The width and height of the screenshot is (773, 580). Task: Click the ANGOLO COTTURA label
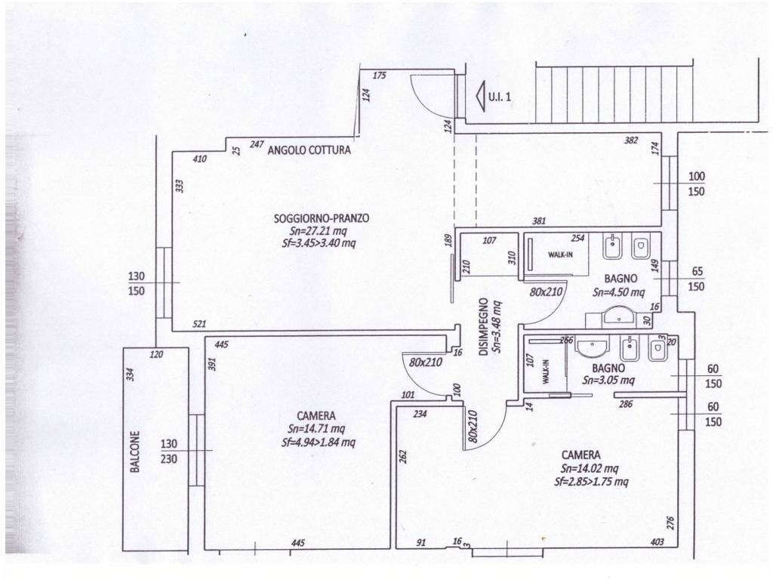click(x=309, y=150)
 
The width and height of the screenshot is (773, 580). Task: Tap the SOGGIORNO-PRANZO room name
click(x=322, y=218)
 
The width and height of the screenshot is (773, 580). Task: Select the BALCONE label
click(x=135, y=452)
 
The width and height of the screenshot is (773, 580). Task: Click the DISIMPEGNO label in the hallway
click(x=484, y=326)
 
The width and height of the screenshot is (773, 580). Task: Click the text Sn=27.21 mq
click(x=319, y=230)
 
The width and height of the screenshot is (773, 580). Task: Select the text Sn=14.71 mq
click(x=316, y=429)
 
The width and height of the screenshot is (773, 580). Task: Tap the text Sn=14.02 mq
click(x=590, y=468)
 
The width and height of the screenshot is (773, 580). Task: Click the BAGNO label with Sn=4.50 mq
click(x=621, y=279)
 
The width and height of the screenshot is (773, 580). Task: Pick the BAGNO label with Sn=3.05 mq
click(x=608, y=368)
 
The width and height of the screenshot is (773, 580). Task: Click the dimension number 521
click(x=199, y=325)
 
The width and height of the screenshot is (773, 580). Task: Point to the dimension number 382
click(x=631, y=140)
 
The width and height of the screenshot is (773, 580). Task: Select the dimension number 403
click(x=658, y=542)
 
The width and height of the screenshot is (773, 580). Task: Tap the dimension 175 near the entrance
click(x=379, y=76)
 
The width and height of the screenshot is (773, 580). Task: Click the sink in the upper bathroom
click(x=617, y=315)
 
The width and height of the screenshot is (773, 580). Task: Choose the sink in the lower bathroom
click(x=593, y=347)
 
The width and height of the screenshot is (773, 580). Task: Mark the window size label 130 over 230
click(x=168, y=452)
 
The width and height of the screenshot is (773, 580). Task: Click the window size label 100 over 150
click(x=696, y=184)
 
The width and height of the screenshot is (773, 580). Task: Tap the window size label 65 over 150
click(x=696, y=279)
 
